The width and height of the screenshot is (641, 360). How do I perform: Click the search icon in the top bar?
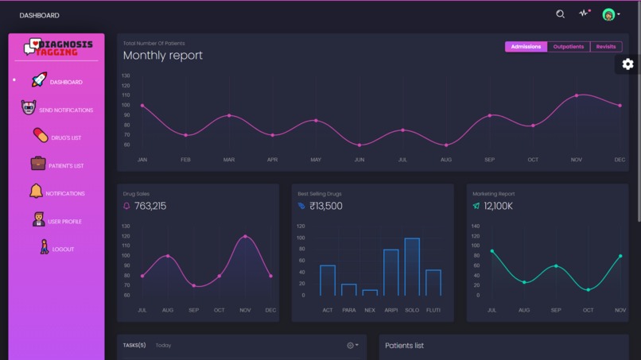pos(560,14)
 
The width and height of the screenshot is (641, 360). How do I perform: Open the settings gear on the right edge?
pos(627,64)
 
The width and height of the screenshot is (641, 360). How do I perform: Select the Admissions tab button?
pos(526,47)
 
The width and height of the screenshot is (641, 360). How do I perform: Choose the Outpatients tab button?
pos(569,47)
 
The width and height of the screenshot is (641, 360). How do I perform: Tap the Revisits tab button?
pos(606,47)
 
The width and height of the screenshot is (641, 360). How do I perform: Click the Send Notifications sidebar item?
pos(65,110)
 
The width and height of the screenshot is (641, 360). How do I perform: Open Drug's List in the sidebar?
pos(66,138)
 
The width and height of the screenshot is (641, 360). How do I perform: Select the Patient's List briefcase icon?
pos(38,164)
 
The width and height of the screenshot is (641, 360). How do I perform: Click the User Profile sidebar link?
pos(64,222)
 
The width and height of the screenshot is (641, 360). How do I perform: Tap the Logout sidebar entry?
pos(63,250)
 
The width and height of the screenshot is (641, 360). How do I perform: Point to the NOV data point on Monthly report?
pos(577,95)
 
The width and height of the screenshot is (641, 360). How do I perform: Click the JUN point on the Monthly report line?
pos(359,145)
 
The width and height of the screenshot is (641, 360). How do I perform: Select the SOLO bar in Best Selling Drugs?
pos(412,267)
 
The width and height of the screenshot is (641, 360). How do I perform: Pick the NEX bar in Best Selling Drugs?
pos(370,292)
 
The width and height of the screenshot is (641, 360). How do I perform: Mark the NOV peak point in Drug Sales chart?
pos(245,237)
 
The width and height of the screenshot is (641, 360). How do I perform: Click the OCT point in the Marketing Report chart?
pos(589,290)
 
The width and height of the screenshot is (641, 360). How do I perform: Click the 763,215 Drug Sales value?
pos(150,206)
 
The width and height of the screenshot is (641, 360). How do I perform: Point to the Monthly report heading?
pos(163,56)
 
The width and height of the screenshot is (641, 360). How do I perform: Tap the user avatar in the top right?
pos(608,14)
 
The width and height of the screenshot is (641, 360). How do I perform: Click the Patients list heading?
pos(404,346)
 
